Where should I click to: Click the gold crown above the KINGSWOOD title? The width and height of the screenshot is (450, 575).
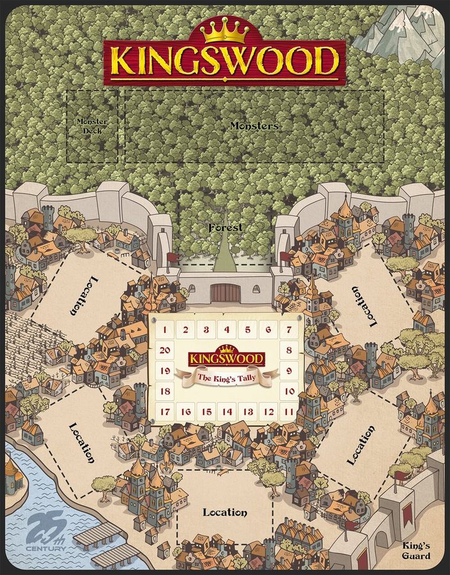tap(224, 29)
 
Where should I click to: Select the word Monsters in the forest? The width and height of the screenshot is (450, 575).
tap(254, 126)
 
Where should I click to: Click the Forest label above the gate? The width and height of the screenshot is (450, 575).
tap(224, 227)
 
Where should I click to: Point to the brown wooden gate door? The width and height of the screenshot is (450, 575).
tap(224, 292)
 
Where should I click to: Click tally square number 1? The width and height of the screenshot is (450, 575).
tap(165, 330)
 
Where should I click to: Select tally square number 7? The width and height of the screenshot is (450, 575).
tap(290, 330)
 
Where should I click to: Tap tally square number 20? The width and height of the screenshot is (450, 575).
tap(165, 350)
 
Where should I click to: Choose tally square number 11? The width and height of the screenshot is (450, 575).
tap(289, 412)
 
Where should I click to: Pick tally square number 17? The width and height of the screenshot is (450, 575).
tap(165, 412)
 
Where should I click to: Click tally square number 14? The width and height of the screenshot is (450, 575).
tap(227, 412)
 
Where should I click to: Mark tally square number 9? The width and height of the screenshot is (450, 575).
tap(289, 371)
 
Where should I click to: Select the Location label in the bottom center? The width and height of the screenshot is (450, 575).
tap(224, 512)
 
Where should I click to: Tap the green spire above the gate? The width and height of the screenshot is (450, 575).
tap(224, 252)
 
